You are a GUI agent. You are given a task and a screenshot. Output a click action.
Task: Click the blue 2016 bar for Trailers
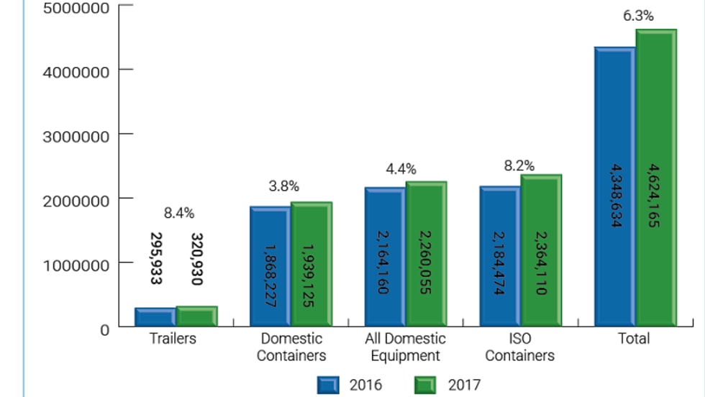coord(155,317)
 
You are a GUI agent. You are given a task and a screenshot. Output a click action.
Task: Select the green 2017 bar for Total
coord(655,180)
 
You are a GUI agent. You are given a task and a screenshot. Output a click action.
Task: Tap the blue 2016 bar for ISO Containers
coord(500,256)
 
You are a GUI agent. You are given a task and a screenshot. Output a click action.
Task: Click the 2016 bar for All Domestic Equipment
coord(385,257)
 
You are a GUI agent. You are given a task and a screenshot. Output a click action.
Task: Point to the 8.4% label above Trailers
coord(179,213)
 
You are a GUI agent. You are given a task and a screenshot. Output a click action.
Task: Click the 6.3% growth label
coord(638,16)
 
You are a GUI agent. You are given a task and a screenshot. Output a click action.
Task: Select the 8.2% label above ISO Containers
coord(519,166)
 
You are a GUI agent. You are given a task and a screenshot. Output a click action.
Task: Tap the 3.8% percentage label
coord(284,186)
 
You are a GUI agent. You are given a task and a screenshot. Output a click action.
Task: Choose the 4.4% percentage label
coord(401,169)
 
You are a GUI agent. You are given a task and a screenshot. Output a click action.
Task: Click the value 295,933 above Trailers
coord(155,257)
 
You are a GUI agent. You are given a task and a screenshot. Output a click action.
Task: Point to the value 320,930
coord(197,257)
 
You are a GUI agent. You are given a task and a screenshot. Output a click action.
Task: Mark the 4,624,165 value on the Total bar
coord(655,196)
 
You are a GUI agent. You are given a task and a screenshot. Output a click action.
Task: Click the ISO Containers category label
coord(519,347)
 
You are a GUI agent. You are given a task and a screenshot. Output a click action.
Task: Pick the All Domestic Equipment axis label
coord(405,347)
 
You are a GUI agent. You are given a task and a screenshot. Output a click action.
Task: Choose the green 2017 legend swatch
coord(426,385)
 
